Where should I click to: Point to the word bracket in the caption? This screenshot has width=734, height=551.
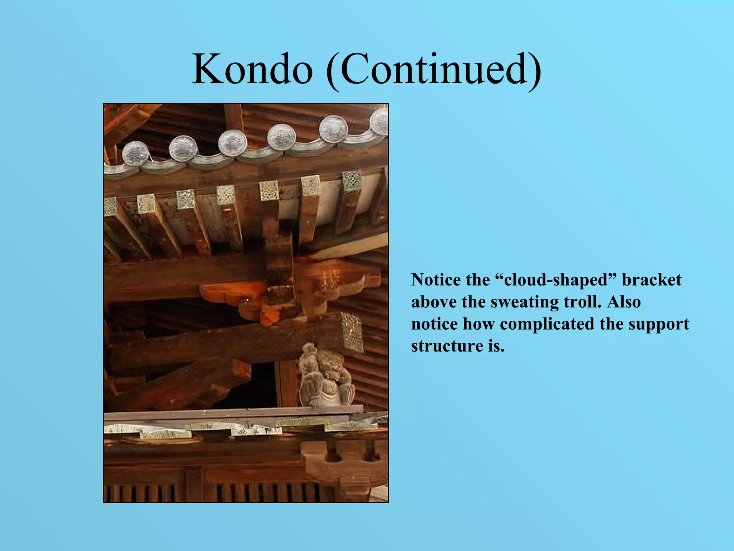(651, 280)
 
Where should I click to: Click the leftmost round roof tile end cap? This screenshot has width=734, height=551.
(135, 153)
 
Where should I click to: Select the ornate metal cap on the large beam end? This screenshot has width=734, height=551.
(352, 332)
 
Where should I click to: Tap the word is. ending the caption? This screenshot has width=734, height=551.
(496, 346)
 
